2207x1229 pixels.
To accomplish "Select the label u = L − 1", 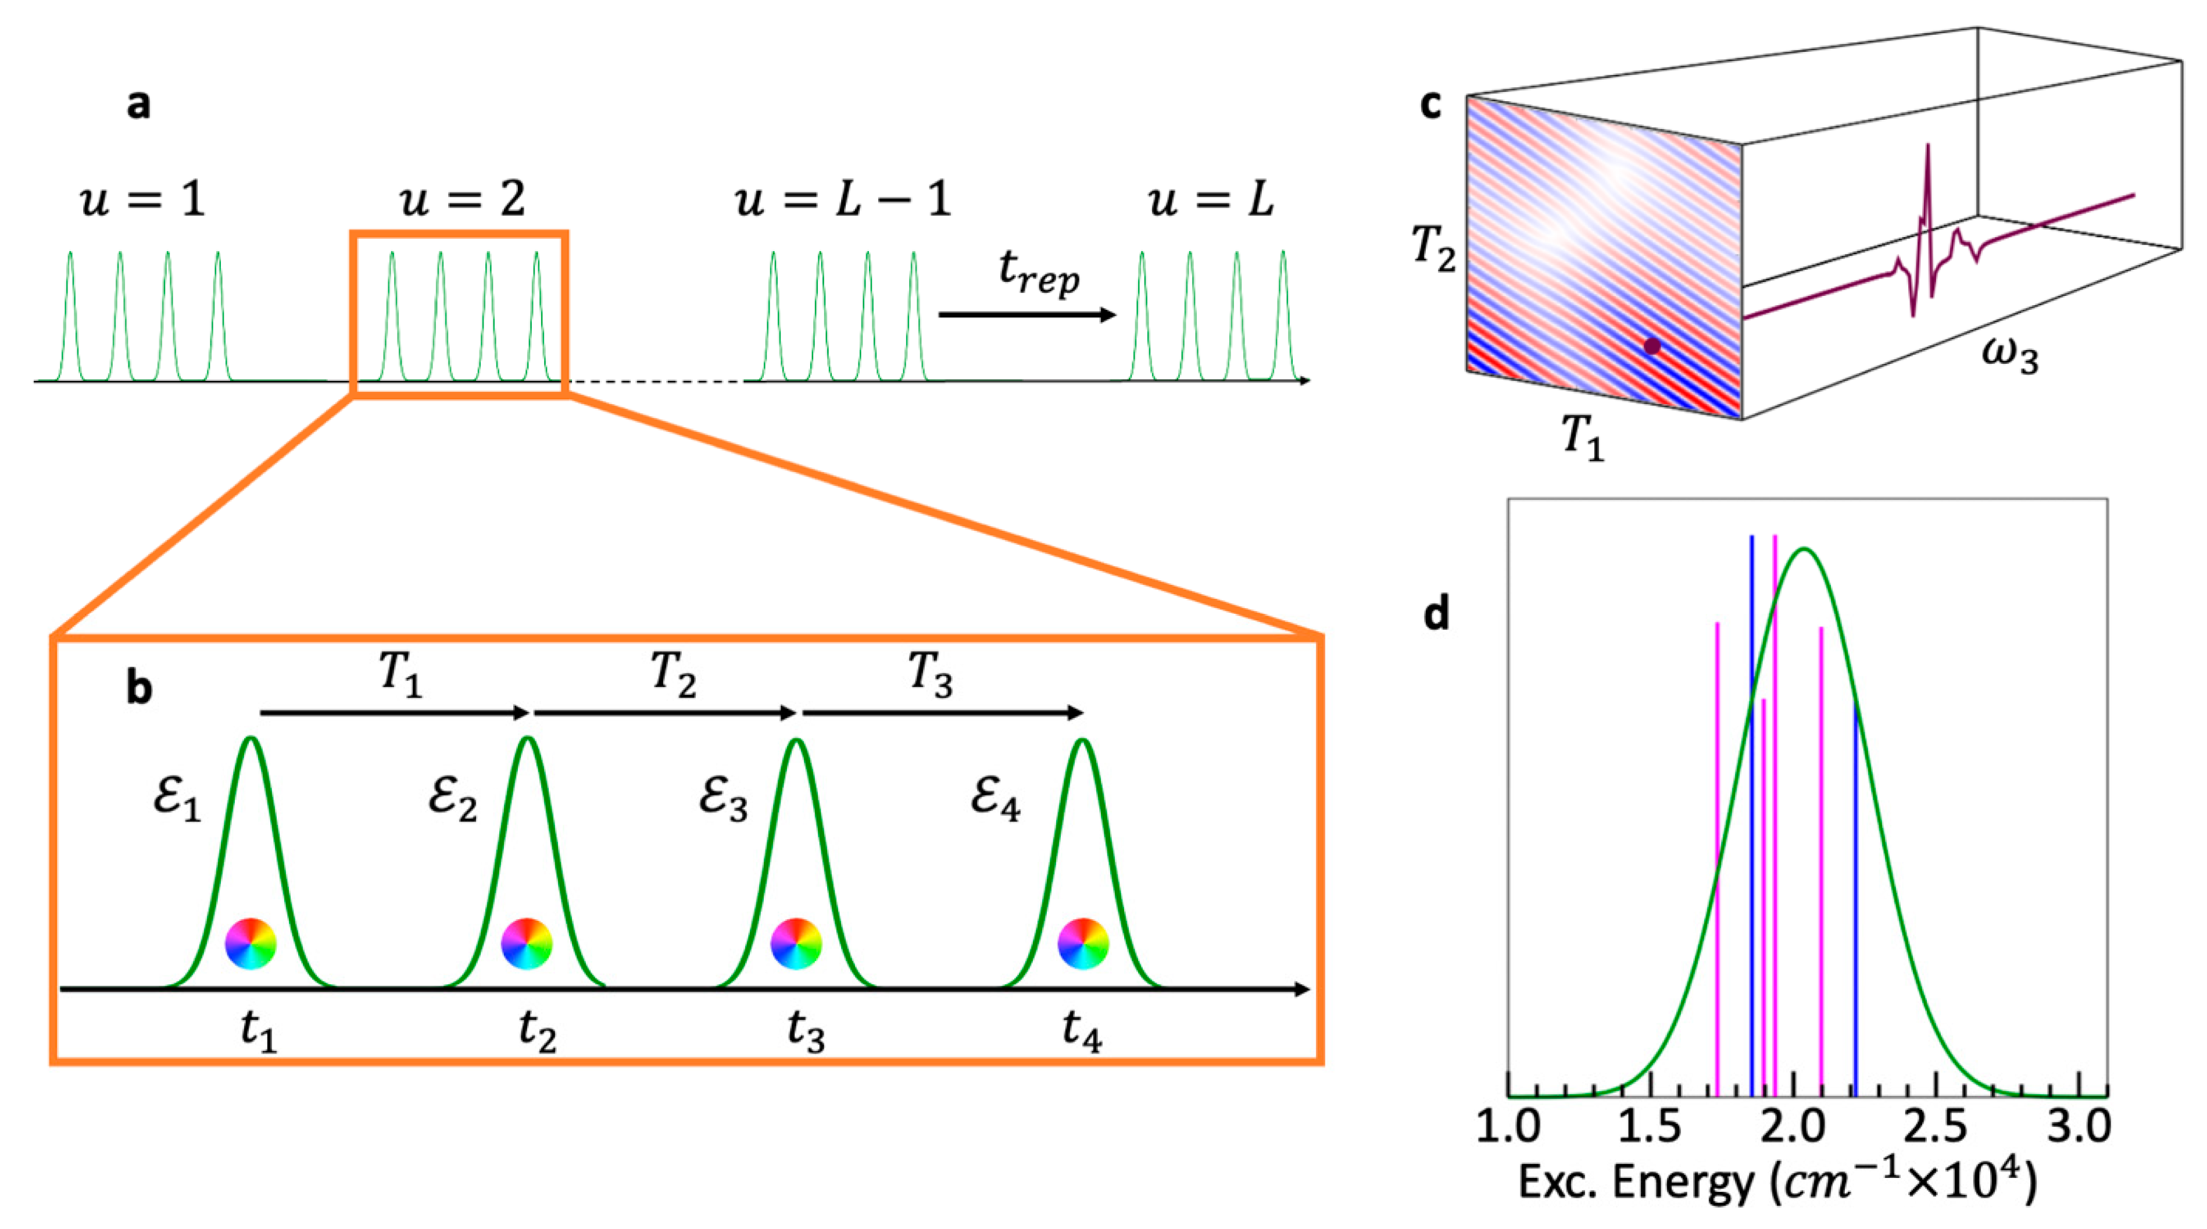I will (x=843, y=199).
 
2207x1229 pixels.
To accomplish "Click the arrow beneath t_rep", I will (x=1026, y=315).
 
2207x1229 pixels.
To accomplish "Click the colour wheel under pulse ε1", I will (x=250, y=944).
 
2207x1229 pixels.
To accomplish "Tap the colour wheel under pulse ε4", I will (x=1083, y=944).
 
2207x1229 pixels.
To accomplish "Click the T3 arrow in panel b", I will (x=942, y=712).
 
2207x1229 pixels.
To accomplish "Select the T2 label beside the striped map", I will (x=1433, y=249).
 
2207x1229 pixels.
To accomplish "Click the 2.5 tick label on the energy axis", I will (x=1936, y=1126).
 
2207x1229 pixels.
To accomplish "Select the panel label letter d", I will (x=1437, y=614).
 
